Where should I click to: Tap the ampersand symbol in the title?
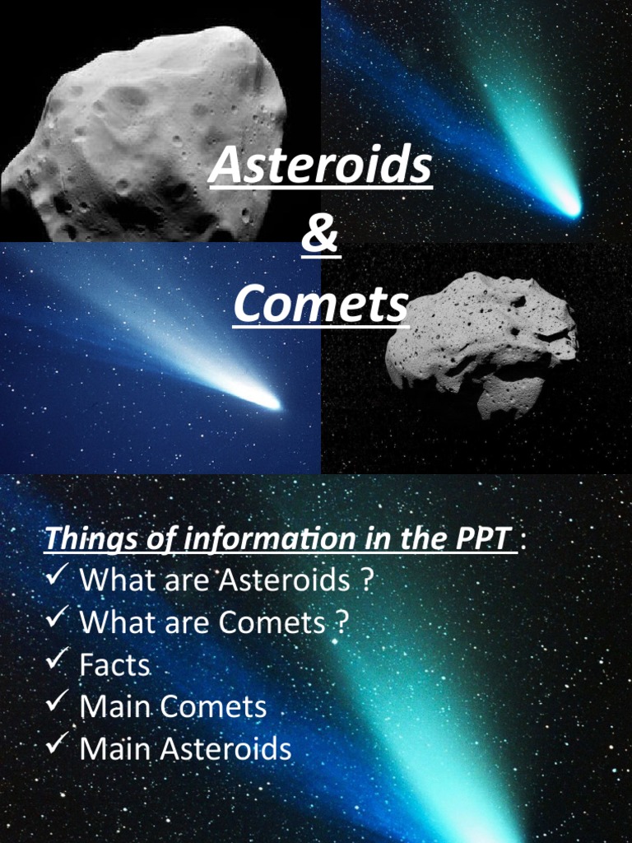click(320, 235)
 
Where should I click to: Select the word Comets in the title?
click(320, 305)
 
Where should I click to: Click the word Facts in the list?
click(114, 664)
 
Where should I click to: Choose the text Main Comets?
click(173, 707)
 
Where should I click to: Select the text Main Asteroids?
click(185, 749)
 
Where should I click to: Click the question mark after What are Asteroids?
click(366, 580)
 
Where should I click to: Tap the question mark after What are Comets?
click(341, 622)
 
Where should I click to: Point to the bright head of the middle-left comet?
click(268, 401)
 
